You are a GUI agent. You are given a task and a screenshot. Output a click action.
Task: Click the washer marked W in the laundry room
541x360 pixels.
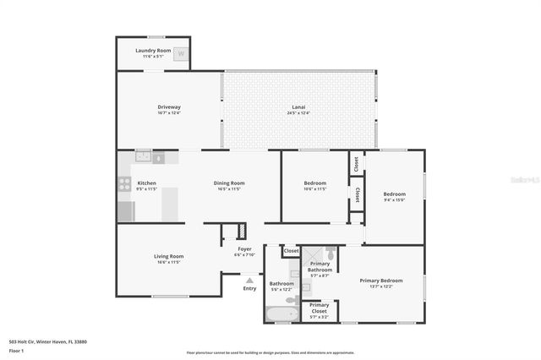tap(180, 52)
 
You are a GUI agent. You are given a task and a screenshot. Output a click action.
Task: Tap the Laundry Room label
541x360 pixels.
tap(152, 51)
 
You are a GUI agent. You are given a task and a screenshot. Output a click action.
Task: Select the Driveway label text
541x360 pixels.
tap(169, 106)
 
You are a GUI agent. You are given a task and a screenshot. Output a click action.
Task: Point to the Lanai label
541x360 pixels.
tap(298, 106)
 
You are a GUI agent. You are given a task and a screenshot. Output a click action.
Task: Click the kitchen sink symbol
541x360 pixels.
tap(144, 155)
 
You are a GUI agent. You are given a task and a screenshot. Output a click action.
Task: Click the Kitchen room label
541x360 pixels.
tap(146, 183)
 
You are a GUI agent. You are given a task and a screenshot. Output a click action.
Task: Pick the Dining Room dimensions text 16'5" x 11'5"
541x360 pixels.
tap(228, 189)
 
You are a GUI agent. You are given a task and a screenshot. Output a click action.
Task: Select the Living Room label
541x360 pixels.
tap(168, 256)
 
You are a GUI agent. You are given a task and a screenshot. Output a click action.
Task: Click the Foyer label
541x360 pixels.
tap(244, 249)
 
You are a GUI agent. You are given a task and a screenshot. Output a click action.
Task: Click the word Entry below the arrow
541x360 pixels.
tap(249, 289)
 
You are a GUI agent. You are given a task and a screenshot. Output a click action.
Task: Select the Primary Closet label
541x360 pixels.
tap(320, 307)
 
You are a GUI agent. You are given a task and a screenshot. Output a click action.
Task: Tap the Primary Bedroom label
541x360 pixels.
tap(380, 281)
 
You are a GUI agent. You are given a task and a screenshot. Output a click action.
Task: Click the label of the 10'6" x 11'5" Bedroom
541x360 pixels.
tap(314, 183)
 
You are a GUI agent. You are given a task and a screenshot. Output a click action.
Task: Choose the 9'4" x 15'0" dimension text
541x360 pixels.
tap(395, 200)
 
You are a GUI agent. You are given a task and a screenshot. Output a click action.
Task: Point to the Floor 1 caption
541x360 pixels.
tap(17, 350)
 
